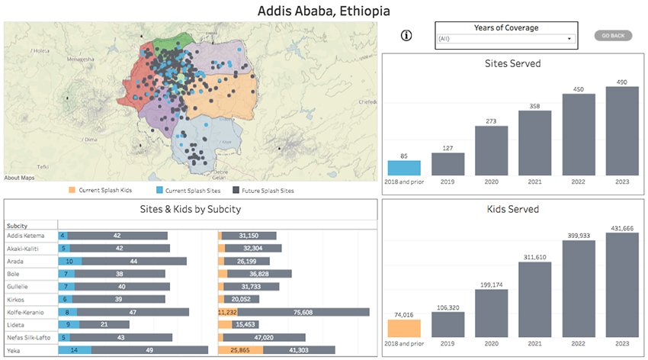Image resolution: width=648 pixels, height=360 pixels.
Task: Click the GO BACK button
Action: [613, 35]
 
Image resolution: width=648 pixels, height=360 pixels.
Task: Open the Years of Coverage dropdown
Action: [503, 38]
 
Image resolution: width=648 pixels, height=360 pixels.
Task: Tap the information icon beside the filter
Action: [406, 35]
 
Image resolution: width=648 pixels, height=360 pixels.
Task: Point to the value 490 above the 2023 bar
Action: [622, 82]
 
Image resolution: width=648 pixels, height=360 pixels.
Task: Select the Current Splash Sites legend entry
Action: [188, 191]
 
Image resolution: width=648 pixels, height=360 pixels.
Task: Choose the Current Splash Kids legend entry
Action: [99, 191]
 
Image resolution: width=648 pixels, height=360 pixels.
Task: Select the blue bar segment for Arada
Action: [70, 261]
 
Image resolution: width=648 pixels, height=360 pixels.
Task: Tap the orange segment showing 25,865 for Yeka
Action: [240, 349]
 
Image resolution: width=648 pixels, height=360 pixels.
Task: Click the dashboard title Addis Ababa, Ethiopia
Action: [324, 11]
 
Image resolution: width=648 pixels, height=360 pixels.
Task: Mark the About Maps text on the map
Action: [19, 178]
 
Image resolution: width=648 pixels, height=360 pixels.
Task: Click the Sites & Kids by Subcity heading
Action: [191, 210]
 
